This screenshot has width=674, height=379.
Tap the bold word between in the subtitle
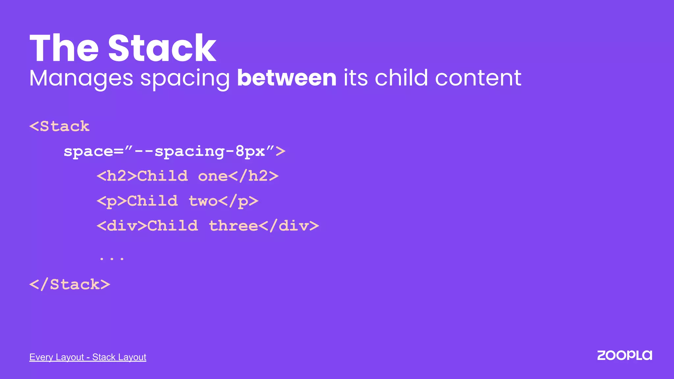[x=287, y=78]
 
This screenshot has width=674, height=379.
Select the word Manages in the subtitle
[x=81, y=79]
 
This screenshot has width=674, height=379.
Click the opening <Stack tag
[x=60, y=126]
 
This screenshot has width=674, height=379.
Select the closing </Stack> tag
[x=70, y=285]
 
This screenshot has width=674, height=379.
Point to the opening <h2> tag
[x=117, y=176]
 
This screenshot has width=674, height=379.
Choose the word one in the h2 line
[x=213, y=176]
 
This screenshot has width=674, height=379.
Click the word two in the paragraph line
[x=203, y=201]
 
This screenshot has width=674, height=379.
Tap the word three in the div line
[x=233, y=226]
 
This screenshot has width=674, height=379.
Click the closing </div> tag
[x=289, y=226]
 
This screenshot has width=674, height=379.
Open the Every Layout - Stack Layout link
[x=88, y=357]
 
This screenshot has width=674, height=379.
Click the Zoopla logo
[x=624, y=356]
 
